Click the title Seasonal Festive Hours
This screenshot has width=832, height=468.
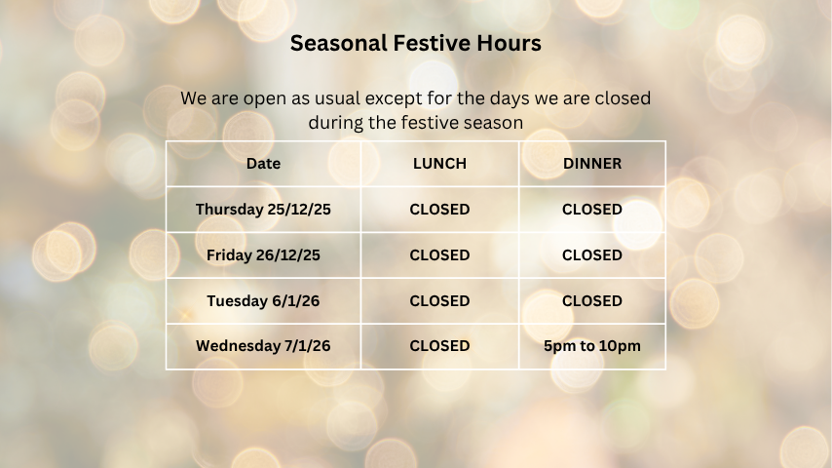(x=416, y=44)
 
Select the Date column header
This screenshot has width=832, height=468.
(x=263, y=164)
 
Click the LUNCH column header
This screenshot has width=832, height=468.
(x=439, y=164)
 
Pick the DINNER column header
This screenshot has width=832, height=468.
(x=592, y=164)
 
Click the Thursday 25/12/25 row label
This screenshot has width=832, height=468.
(x=263, y=210)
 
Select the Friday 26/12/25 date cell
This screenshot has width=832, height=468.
(x=263, y=255)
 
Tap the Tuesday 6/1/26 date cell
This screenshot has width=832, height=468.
(x=263, y=301)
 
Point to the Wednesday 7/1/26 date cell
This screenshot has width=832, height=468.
(x=263, y=346)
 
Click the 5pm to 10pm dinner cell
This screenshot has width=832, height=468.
(x=592, y=346)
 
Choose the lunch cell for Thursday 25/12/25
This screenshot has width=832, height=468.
(x=439, y=210)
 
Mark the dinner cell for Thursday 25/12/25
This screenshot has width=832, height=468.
(x=592, y=210)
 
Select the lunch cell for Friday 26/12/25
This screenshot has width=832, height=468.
(x=439, y=255)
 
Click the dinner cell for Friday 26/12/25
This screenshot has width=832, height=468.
(x=592, y=255)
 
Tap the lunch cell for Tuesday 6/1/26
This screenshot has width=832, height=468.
(x=439, y=301)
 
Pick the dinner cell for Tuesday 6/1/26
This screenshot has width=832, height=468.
(x=592, y=301)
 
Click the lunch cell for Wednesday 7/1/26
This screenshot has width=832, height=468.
(x=439, y=346)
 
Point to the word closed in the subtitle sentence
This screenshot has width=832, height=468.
(x=622, y=99)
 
